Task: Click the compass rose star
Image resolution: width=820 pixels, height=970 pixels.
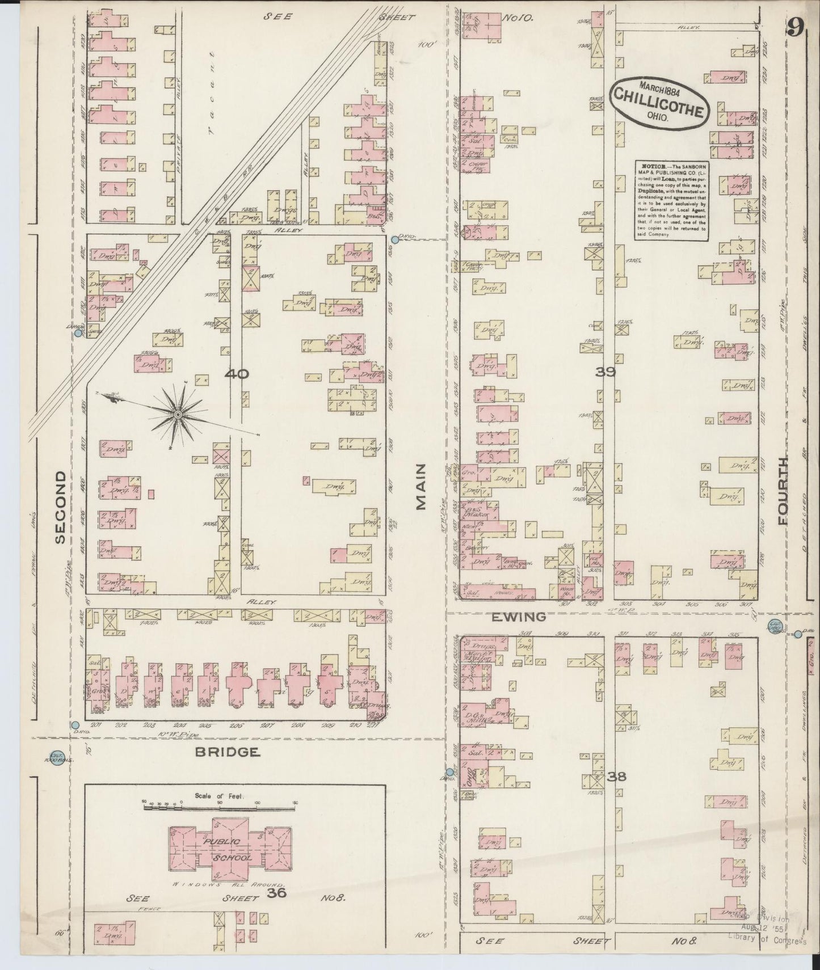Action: pos(178,415)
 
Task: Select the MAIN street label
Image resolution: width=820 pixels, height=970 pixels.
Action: pos(420,486)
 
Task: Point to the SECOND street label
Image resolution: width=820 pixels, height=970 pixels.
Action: pos(61,507)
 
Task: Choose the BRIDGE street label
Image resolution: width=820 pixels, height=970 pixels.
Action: pos(228,752)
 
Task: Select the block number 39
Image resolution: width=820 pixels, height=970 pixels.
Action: pos(605,372)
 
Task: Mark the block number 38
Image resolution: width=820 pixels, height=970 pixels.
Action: pos(616,776)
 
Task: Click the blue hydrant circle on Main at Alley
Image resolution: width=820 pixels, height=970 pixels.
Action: pos(394,240)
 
